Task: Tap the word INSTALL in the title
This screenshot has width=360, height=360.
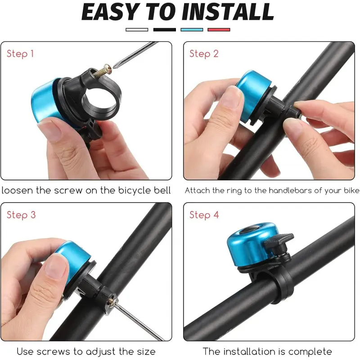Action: pos(228,12)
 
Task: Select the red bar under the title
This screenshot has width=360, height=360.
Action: pos(219,30)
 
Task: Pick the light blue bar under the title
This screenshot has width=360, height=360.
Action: pos(192,30)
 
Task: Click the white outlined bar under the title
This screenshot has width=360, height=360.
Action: pos(137,30)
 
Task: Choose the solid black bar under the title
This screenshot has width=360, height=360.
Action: pos(165,30)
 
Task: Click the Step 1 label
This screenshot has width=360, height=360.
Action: pos(20,54)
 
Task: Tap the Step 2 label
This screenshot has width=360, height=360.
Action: pos(204,54)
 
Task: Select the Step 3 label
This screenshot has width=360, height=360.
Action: pos(21,215)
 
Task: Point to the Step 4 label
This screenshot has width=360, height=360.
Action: pos(204,215)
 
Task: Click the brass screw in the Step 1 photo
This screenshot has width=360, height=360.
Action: pos(103,71)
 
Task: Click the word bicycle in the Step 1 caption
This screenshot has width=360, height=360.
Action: pos(134,191)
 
